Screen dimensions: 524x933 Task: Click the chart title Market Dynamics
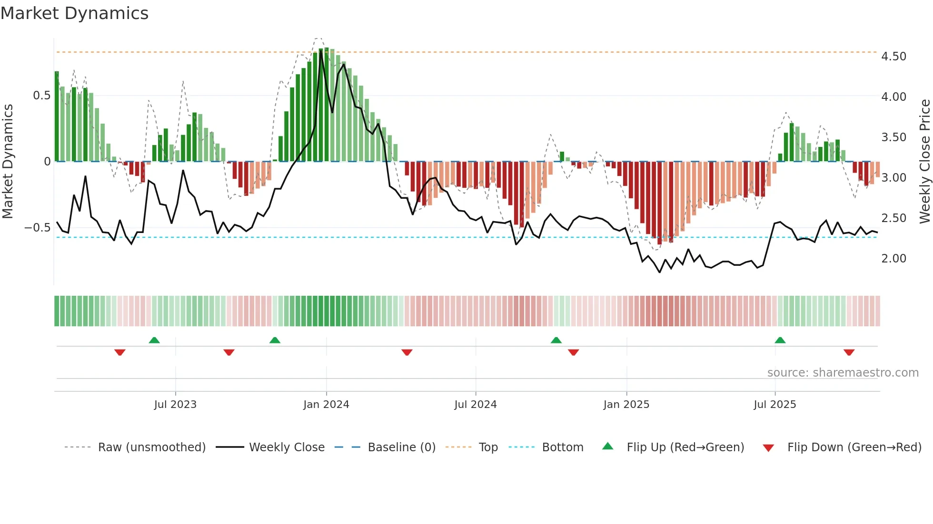pos(74,13)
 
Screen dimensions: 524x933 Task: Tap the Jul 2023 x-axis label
pos(175,405)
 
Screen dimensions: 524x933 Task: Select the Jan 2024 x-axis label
pos(326,405)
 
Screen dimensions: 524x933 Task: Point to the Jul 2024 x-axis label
pos(475,405)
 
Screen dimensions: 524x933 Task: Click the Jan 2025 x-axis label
pos(626,405)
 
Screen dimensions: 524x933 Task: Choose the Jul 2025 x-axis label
pos(774,405)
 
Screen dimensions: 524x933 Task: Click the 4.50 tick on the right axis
pos(893,57)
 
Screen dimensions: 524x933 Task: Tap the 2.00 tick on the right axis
pos(893,259)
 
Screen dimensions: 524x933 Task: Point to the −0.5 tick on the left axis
pos(37,228)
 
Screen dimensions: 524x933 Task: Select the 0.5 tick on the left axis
pos(41,96)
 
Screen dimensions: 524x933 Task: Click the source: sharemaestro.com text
pos(843,373)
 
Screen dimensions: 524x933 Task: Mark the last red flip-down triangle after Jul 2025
pos(849,352)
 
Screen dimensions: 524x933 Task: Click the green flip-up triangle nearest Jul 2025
pos(780,340)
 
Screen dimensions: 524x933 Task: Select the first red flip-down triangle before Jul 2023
pos(119,352)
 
